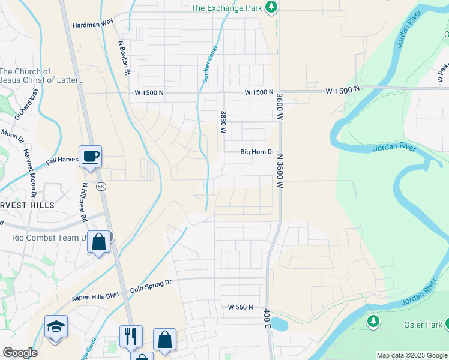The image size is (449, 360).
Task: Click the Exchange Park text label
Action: coord(227,8)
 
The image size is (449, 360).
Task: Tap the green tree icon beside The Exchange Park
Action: coord(272,7)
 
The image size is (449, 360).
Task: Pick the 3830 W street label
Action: coord(223,122)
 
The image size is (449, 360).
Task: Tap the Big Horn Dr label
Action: coord(257,152)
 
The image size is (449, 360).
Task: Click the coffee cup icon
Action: coord(91,157)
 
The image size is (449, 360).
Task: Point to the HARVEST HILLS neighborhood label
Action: coord(28,205)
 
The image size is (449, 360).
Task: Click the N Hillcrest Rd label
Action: coord(85,202)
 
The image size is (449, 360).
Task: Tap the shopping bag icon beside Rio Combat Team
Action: coord(100,242)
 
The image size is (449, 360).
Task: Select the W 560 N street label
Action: coord(240,307)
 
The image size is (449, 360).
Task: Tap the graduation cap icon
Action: coord(55,326)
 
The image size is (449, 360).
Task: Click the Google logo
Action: coord(20,353)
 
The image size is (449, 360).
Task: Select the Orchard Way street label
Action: coord(26,104)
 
